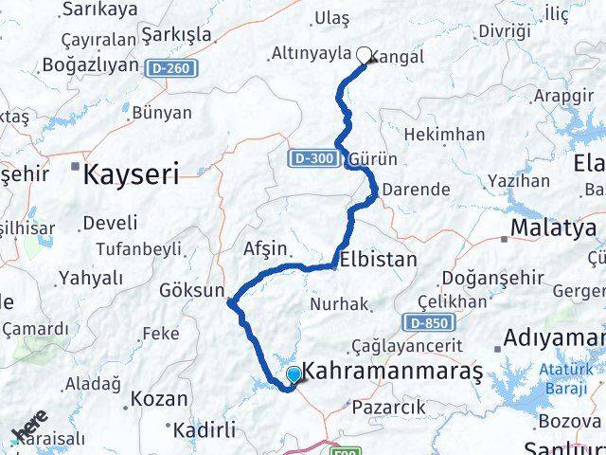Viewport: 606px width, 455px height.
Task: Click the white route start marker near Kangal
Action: click(x=364, y=55)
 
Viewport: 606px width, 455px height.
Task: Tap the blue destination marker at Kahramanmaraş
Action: click(x=294, y=375)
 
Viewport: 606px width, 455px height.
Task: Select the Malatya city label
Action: click(x=554, y=227)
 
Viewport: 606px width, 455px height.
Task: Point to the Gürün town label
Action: click(x=373, y=158)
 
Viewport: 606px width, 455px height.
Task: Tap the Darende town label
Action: click(x=415, y=189)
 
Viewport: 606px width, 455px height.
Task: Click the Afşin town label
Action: click(x=265, y=248)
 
